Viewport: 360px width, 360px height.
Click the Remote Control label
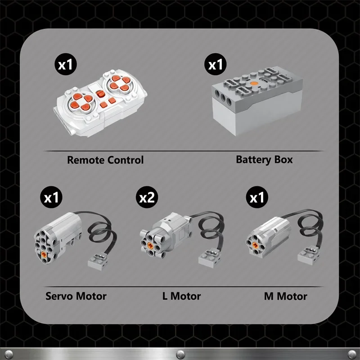coord(105,160)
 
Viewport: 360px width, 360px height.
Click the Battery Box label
coord(264,160)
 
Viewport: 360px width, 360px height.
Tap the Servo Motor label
coord(76,296)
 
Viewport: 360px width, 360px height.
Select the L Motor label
coord(181,296)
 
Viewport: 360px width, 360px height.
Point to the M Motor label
coord(285,296)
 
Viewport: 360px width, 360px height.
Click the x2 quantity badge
coord(147,198)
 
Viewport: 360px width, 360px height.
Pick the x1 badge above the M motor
coord(257,198)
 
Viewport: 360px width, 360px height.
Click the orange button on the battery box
coord(254,84)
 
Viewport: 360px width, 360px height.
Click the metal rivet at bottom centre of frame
coord(180,352)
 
